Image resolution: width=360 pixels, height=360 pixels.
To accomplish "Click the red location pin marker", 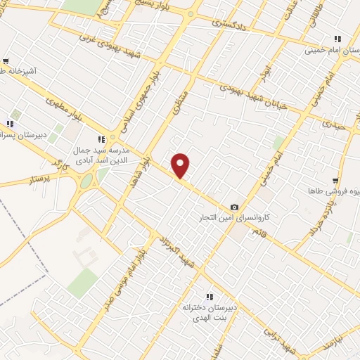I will [181, 165].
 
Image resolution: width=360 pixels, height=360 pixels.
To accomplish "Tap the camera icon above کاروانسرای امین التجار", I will [234, 207].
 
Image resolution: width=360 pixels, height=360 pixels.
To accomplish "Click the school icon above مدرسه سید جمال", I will [101, 139].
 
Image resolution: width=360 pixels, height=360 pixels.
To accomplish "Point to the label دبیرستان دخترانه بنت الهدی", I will [207, 313].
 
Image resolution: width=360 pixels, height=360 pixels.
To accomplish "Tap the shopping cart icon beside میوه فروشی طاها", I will [337, 181].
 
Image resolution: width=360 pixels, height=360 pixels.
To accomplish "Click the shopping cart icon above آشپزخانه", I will [6, 61].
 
